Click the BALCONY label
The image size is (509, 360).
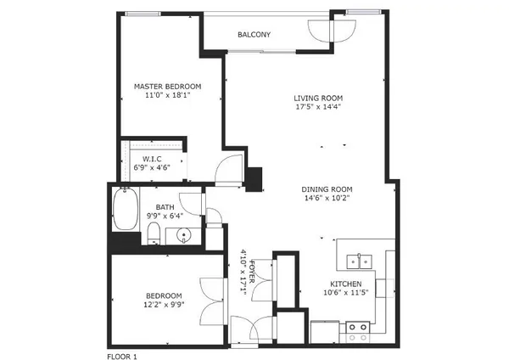[x=254, y=35]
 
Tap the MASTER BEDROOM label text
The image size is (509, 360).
[x=167, y=87]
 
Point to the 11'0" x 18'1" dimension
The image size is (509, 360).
[x=167, y=95]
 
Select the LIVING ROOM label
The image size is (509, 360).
[x=318, y=98]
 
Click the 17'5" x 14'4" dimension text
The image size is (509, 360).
[x=318, y=107]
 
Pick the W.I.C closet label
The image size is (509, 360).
[x=152, y=160]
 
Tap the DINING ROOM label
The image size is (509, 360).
[x=327, y=189]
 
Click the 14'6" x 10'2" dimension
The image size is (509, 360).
[x=327, y=198]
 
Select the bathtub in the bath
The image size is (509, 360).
[x=126, y=209]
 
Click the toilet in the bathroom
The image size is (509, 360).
[x=154, y=233]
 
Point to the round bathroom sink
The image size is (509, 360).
[x=184, y=235]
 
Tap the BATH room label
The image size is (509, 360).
[x=165, y=207]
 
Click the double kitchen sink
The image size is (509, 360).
[x=360, y=262]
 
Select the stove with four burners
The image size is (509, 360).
[x=358, y=332]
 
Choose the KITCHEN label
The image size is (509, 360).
[x=346, y=284]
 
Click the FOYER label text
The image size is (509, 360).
[x=252, y=272]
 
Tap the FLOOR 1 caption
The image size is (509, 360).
[x=122, y=357]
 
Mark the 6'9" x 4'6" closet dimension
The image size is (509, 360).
[x=152, y=167]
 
